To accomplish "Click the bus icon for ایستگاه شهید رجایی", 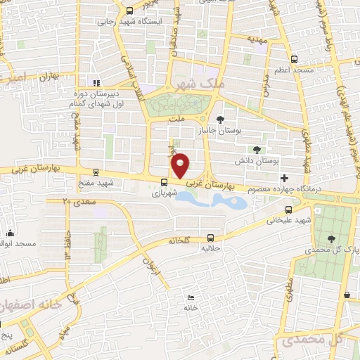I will click(129, 11).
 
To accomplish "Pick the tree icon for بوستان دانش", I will click(256, 149).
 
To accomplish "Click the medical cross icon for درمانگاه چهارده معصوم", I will click(294, 178).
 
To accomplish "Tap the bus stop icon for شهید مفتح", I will click(96, 171).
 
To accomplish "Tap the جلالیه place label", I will click(210, 248).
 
